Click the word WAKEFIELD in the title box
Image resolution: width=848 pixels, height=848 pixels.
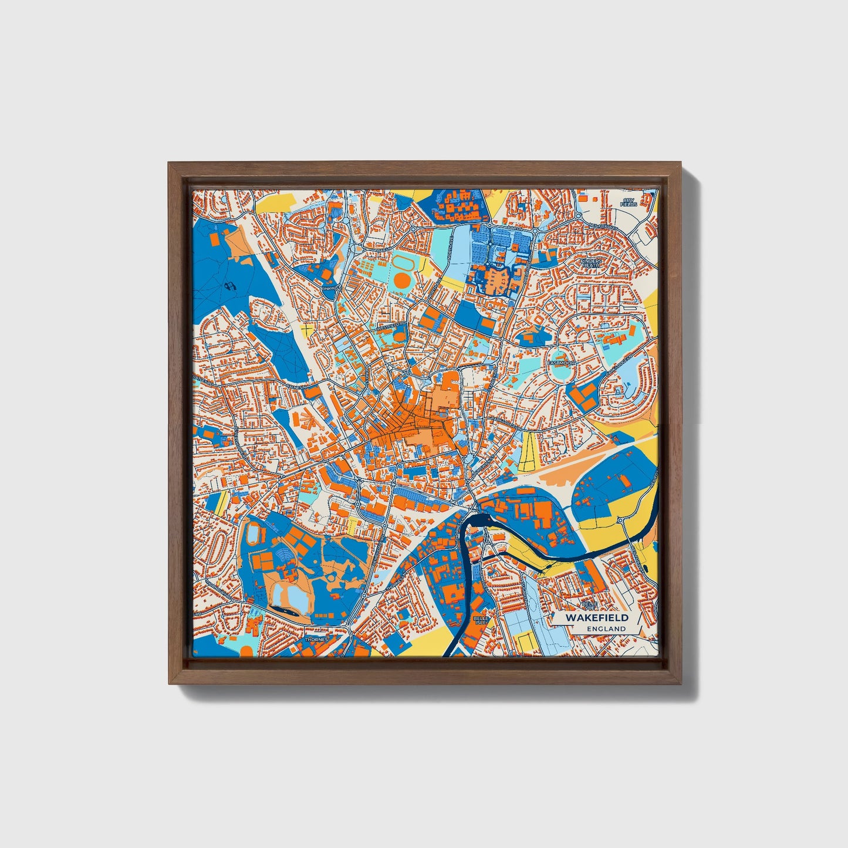(597, 617)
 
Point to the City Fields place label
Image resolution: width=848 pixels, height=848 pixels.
(629, 202)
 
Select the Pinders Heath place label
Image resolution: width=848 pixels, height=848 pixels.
(590, 262)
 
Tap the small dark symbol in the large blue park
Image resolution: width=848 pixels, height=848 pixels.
(229, 286)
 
